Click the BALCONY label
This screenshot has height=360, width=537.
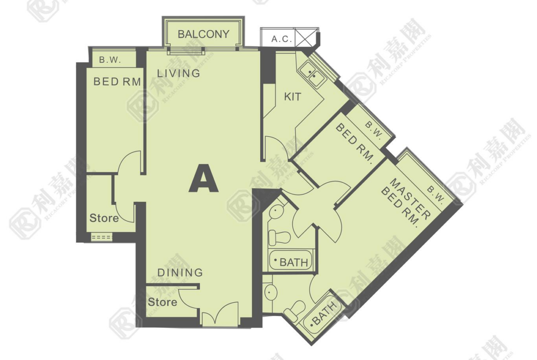pos(203,34)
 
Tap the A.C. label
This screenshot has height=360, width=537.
pos(282,39)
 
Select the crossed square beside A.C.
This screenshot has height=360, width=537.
pos(306,37)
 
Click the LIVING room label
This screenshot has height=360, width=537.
pos(179,73)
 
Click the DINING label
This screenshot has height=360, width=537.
pos(180,273)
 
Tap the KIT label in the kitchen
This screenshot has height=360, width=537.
pos(292,97)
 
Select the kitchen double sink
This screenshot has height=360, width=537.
pos(312,74)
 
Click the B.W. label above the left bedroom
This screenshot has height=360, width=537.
pos(110,60)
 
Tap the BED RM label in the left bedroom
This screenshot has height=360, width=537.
pos(117,82)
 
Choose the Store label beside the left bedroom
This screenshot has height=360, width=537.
pos(104,218)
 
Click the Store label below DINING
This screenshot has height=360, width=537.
pos(162,302)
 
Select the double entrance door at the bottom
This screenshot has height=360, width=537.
pos(219,314)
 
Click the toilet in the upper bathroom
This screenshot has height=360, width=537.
pos(279,237)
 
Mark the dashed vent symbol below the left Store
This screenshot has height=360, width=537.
pos(102,237)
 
